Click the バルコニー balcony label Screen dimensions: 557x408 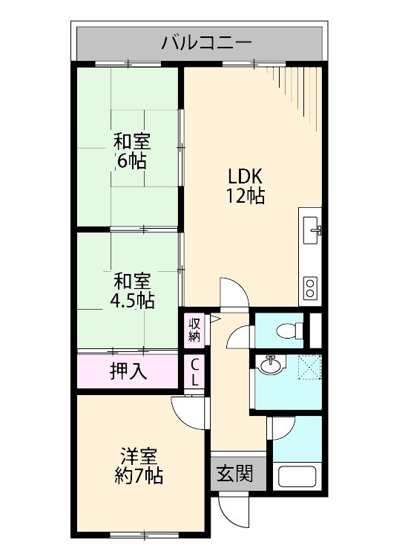click(x=206, y=42)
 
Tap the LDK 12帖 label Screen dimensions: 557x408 click(x=246, y=186)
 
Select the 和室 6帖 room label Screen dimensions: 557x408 click(x=131, y=151)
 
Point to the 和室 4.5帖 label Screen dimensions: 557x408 click(x=131, y=292)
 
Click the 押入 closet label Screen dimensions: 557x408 click(x=128, y=371)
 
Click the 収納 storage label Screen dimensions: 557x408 click(x=194, y=329)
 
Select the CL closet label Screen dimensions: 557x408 click(x=194, y=373)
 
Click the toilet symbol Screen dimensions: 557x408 click(x=286, y=330)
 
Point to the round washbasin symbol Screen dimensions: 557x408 click(x=272, y=366)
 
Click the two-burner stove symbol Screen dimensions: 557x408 click(x=309, y=285)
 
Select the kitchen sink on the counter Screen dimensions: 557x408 click(x=312, y=227)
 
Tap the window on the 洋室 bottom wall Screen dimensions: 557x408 click(x=138, y=535)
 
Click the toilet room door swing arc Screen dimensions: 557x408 click(x=239, y=338)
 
